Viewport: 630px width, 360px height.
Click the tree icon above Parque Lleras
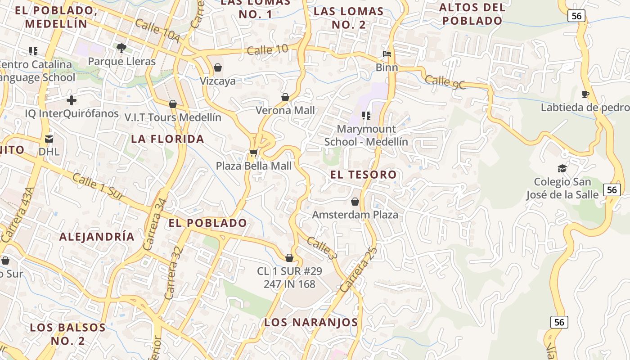coord(121,47)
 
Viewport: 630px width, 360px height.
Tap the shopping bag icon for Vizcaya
coord(218,67)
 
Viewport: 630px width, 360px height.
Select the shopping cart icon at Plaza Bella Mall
coord(253,153)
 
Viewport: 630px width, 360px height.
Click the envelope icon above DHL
coord(49,139)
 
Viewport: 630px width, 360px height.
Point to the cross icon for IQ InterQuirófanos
coord(72,100)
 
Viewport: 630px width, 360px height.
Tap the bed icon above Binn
coord(387,54)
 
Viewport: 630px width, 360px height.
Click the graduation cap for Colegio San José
coord(562,169)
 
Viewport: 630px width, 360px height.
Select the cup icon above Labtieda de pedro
coord(585,94)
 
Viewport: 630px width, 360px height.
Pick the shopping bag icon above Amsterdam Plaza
coord(355,202)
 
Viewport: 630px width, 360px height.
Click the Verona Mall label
coord(285,110)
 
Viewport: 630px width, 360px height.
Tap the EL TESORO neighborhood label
coord(364,175)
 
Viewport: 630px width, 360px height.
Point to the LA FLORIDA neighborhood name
coord(168,139)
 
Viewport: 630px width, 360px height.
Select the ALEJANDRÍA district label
coord(97,237)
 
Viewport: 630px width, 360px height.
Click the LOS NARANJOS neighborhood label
coord(311,322)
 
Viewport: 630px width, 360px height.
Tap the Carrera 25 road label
coord(357,270)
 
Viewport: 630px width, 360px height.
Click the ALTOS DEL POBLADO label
coord(472,14)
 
